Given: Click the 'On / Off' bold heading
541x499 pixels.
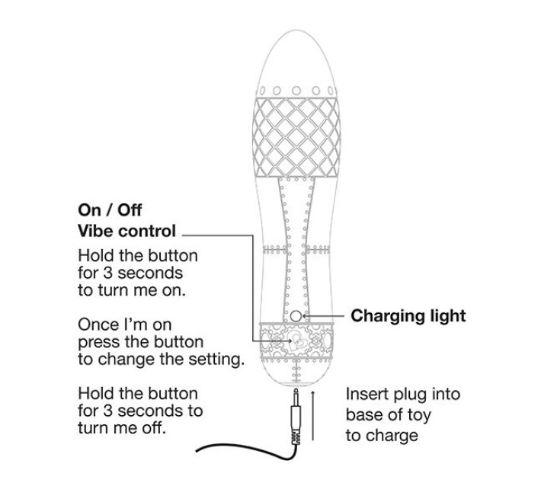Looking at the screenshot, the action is click(110, 210).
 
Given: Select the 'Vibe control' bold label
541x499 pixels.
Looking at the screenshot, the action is click(127, 231).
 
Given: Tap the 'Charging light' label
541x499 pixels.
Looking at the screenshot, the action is click(408, 316).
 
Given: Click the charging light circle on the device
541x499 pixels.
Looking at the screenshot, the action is click(296, 316).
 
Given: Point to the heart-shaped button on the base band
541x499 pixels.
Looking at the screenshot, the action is click(295, 341).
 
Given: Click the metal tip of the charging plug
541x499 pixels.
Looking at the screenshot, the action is click(296, 393).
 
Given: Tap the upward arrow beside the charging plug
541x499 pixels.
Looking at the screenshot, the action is click(313, 415).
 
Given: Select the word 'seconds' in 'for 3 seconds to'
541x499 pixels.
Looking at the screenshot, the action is click(150, 411).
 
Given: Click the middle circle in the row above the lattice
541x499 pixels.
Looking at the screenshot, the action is click(296, 91).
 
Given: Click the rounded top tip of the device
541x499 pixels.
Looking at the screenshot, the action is click(296, 31).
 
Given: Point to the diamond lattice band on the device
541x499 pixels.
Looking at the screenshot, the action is click(296, 137).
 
